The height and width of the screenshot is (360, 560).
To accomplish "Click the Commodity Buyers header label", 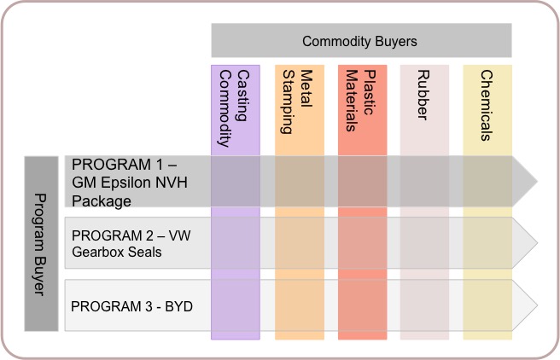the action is coord(359,42).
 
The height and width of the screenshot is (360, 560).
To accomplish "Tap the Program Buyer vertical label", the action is coord(40,244).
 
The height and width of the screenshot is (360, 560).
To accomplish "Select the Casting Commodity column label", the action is coord(234,108).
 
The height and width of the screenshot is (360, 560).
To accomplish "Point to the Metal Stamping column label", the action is coord(297,102).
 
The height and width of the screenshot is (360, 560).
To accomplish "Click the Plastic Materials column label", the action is coord(361,101).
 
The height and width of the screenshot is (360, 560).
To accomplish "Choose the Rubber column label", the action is coord(423,95).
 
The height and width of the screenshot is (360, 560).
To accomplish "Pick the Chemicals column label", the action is coord(487,105).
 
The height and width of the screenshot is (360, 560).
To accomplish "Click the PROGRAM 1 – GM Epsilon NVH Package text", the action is coord(130,183).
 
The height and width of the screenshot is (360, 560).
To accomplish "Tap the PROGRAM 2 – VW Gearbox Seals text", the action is coord(131,244).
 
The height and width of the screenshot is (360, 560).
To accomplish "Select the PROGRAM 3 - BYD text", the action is coord(131,306).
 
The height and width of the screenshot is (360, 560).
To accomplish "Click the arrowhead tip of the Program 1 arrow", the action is coord(537,181).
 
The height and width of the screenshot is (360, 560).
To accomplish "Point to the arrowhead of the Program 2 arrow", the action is coord(525,242).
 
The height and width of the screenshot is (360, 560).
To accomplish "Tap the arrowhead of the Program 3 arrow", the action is coord(525,305).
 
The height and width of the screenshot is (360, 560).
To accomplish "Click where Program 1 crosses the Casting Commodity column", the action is coord(236,181).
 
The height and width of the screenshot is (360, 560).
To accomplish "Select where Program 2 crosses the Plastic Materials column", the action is coord(363,242).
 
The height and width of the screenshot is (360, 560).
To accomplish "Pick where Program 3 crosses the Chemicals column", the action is coord(487,305).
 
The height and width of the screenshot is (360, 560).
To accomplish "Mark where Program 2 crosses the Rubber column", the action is coord(424,242).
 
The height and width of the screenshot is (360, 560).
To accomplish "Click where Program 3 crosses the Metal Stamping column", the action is coord(300,305).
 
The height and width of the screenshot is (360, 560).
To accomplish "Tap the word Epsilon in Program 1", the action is coord(125,183).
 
